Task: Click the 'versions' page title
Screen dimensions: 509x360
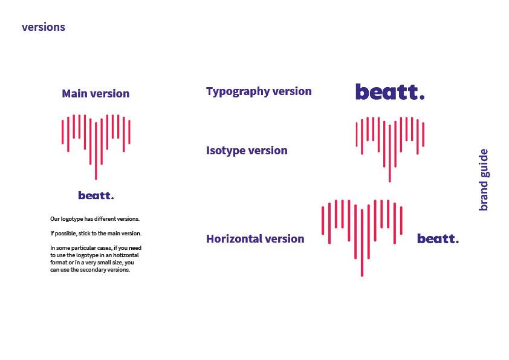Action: [x=44, y=27]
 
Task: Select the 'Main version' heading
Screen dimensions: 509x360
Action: [x=96, y=94]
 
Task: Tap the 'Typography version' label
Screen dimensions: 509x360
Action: [x=259, y=91]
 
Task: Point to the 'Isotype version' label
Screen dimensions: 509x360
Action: [x=247, y=151]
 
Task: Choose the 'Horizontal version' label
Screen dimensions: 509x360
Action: [x=255, y=239]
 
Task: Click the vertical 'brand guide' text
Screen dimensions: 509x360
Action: [x=484, y=180]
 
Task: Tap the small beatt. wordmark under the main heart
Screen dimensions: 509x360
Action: [x=96, y=195]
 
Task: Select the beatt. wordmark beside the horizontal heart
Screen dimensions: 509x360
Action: [x=438, y=239]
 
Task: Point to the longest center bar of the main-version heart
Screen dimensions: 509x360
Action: [x=96, y=151]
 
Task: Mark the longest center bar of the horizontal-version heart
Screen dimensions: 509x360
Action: [x=362, y=243]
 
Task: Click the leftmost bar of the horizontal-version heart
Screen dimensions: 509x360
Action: [x=323, y=220]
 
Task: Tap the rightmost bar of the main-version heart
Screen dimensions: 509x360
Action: [x=129, y=132]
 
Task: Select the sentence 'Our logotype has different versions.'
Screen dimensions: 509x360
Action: [x=95, y=219]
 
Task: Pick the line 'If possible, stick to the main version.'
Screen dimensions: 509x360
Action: [x=96, y=234]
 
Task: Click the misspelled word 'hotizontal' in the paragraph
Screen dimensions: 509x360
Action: [x=126, y=255]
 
